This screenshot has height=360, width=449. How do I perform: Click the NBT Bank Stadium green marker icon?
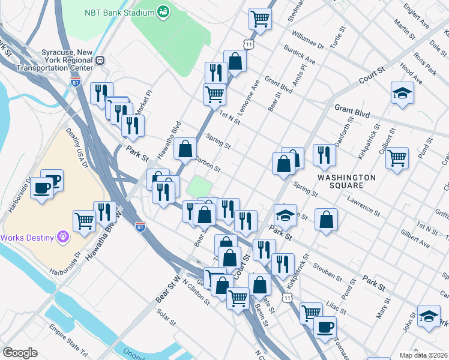[163, 11]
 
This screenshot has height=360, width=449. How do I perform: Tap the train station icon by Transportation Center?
[100, 60]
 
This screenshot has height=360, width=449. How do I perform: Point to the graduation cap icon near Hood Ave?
[402, 94]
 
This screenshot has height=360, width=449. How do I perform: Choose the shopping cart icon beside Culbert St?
[397, 159]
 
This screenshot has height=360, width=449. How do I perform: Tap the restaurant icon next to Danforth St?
[324, 155]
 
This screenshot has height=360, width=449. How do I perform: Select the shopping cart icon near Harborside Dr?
[85, 221]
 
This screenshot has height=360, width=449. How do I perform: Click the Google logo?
[20, 353]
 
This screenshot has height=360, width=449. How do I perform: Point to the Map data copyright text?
[424, 355]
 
